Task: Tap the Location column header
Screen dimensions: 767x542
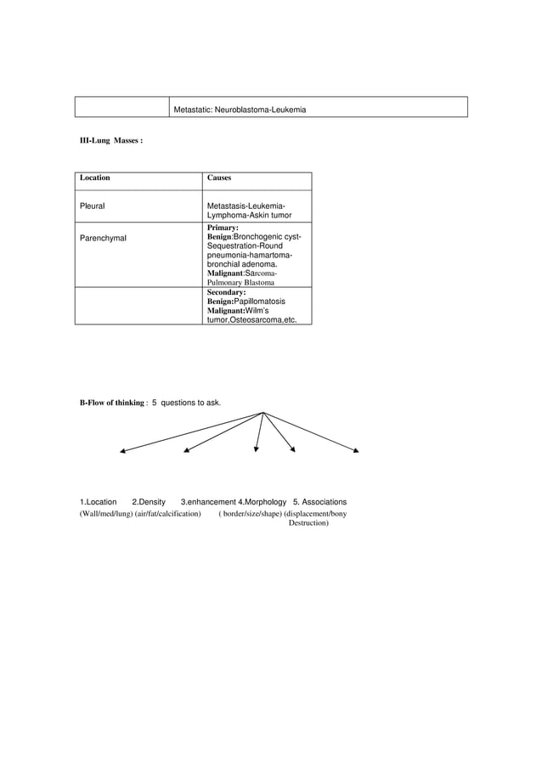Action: tap(94, 178)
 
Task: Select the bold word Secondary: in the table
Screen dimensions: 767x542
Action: tap(227, 292)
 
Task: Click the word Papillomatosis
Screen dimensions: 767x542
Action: tap(259, 301)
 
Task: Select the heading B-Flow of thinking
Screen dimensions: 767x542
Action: tap(114, 400)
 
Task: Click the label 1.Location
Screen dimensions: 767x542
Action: tap(98, 502)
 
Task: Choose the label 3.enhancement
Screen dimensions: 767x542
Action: tap(208, 502)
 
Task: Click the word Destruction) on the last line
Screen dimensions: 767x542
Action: tap(309, 523)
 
